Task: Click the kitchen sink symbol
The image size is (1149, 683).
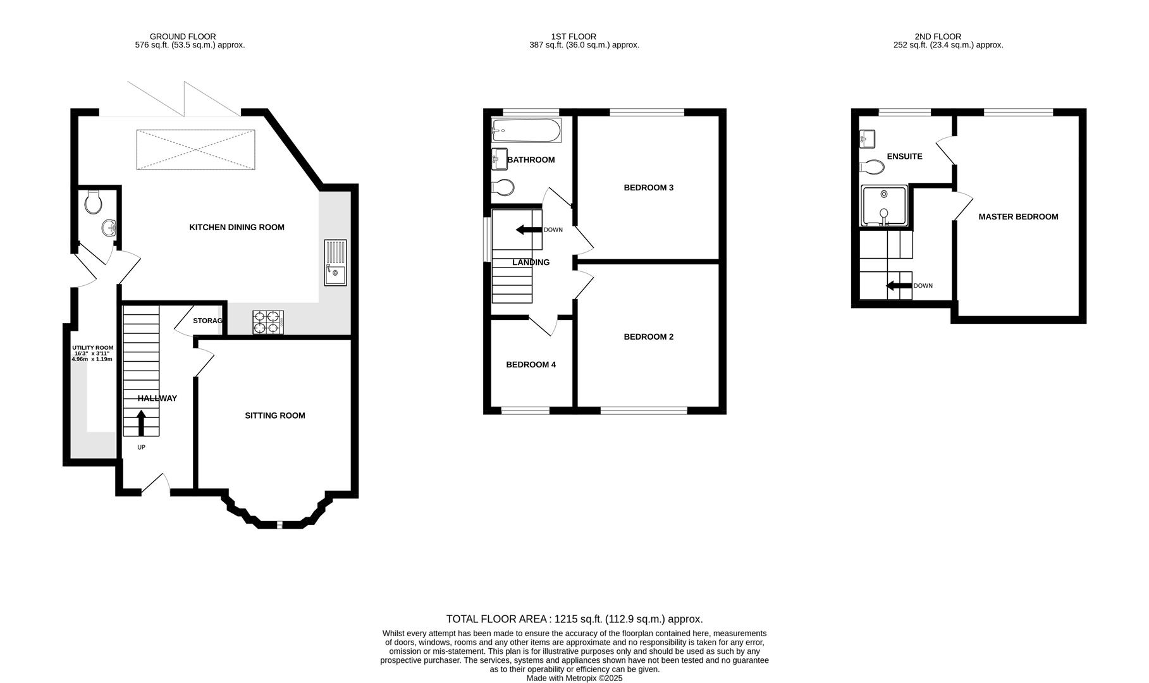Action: [x=335, y=263]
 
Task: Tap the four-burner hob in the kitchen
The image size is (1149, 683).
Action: [x=268, y=323]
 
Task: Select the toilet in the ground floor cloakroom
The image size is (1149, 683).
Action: [x=94, y=202]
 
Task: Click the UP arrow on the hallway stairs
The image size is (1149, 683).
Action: [x=141, y=423]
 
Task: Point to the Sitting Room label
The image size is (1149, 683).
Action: [x=275, y=415]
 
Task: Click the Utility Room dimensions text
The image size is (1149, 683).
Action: [x=92, y=354]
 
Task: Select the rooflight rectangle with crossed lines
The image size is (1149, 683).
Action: [x=196, y=149]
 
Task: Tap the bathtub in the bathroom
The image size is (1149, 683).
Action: [x=526, y=131]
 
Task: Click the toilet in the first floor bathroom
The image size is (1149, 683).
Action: [x=503, y=187]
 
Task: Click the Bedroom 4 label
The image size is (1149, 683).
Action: [x=531, y=364]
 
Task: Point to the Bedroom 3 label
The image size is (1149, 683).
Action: [x=648, y=187]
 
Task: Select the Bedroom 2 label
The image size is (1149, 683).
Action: [x=648, y=336]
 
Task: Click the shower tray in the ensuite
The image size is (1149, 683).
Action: [x=884, y=206]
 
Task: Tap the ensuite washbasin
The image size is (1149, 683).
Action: [x=867, y=138]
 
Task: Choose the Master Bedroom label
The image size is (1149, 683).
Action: [x=1018, y=216]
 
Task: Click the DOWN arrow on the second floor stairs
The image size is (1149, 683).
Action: [x=898, y=286]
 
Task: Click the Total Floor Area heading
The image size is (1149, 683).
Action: [x=574, y=619]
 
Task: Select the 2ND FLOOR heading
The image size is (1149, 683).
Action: [x=937, y=37]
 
